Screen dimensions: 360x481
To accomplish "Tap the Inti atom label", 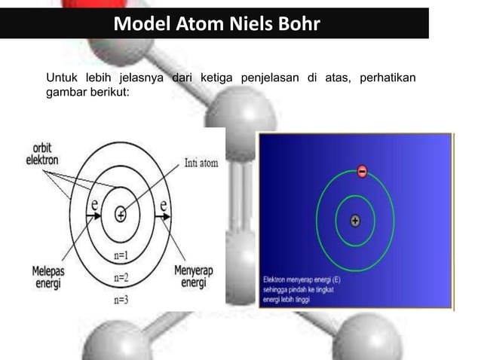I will tap(201, 163).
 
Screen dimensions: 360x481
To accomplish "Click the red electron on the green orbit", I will tap(361, 172).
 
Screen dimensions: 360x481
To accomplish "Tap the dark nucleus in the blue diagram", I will tap(355, 221).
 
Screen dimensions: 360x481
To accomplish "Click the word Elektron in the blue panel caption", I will tap(276, 276).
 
